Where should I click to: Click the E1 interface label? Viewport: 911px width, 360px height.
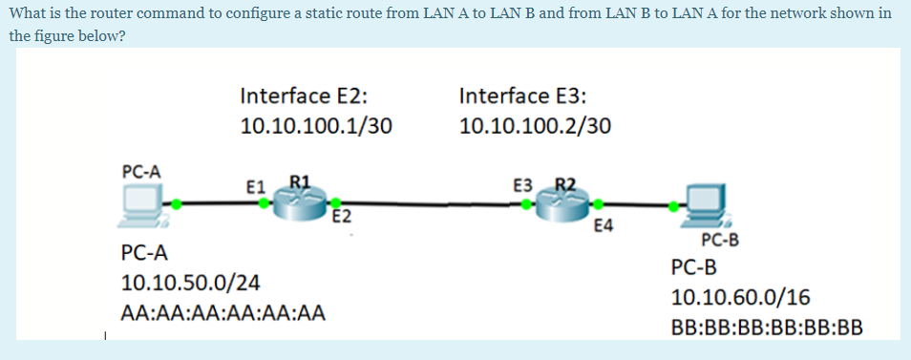click(254, 185)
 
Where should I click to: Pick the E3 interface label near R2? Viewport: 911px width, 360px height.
click(522, 184)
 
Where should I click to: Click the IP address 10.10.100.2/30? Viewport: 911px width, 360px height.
click(536, 126)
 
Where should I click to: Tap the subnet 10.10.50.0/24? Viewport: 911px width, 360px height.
click(191, 284)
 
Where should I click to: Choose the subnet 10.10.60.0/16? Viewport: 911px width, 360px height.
click(740, 297)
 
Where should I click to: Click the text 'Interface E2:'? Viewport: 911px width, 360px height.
click(305, 95)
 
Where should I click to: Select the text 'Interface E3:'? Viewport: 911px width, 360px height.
click(523, 95)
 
